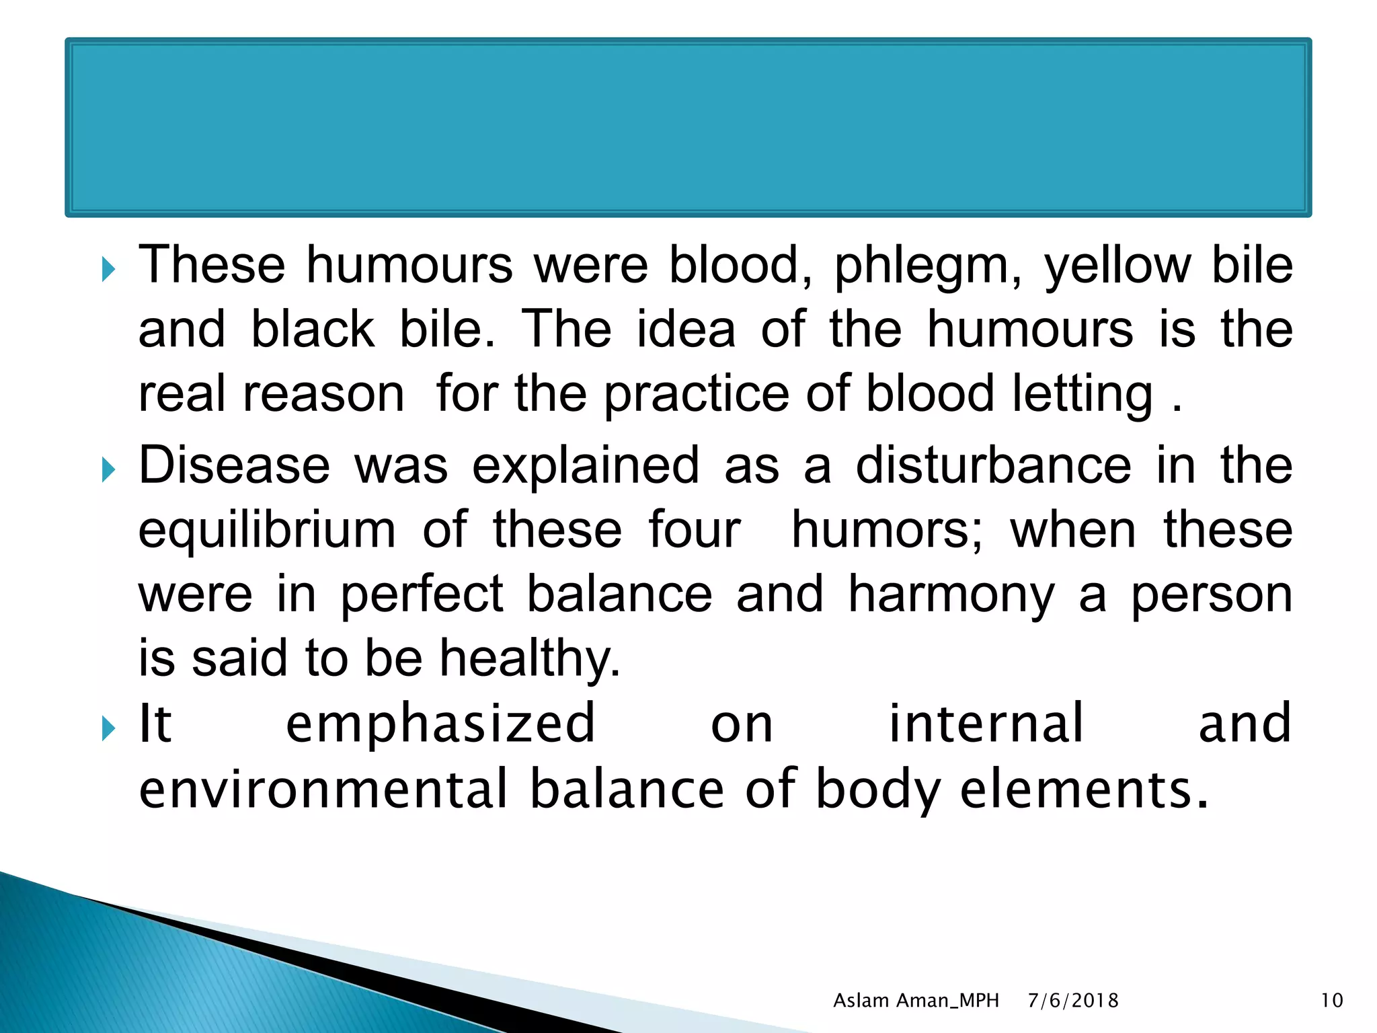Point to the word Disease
click(234, 465)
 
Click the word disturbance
click(993, 465)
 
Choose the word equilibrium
click(267, 531)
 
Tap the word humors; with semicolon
click(887, 530)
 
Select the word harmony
click(951, 596)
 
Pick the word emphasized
click(440, 724)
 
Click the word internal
click(986, 724)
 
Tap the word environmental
click(323, 788)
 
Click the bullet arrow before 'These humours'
click(108, 270)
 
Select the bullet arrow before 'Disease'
click(108, 470)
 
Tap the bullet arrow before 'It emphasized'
click(108, 728)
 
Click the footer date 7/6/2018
click(1073, 1001)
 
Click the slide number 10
click(1332, 1001)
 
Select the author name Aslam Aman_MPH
click(916, 1001)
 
